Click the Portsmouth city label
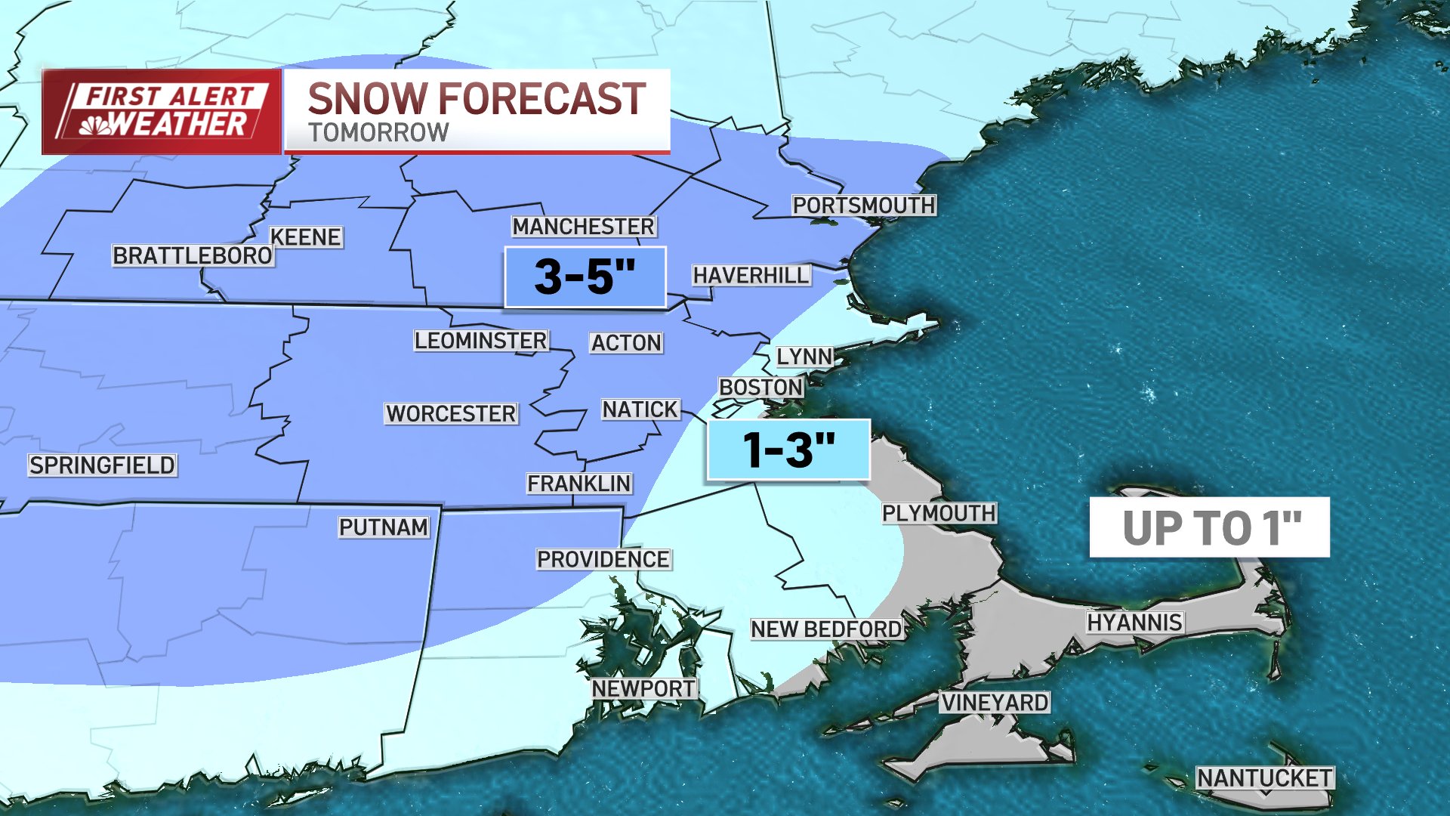[863, 206]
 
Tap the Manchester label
[583, 227]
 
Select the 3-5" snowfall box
[585, 277]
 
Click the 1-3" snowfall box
[788, 450]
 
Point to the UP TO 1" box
[1209, 527]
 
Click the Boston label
[760, 388]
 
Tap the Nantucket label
[1264, 778]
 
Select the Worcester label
[451, 414]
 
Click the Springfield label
[102, 465]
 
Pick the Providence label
[603, 560]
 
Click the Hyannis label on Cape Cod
[1134, 623]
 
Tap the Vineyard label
[994, 703]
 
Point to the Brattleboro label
[192, 256]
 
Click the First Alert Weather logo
[162, 112]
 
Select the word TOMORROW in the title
[378, 133]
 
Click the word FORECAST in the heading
[541, 100]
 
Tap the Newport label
[643, 689]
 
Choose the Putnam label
[383, 527]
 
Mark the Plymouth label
[938, 514]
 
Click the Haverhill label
[751, 276]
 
